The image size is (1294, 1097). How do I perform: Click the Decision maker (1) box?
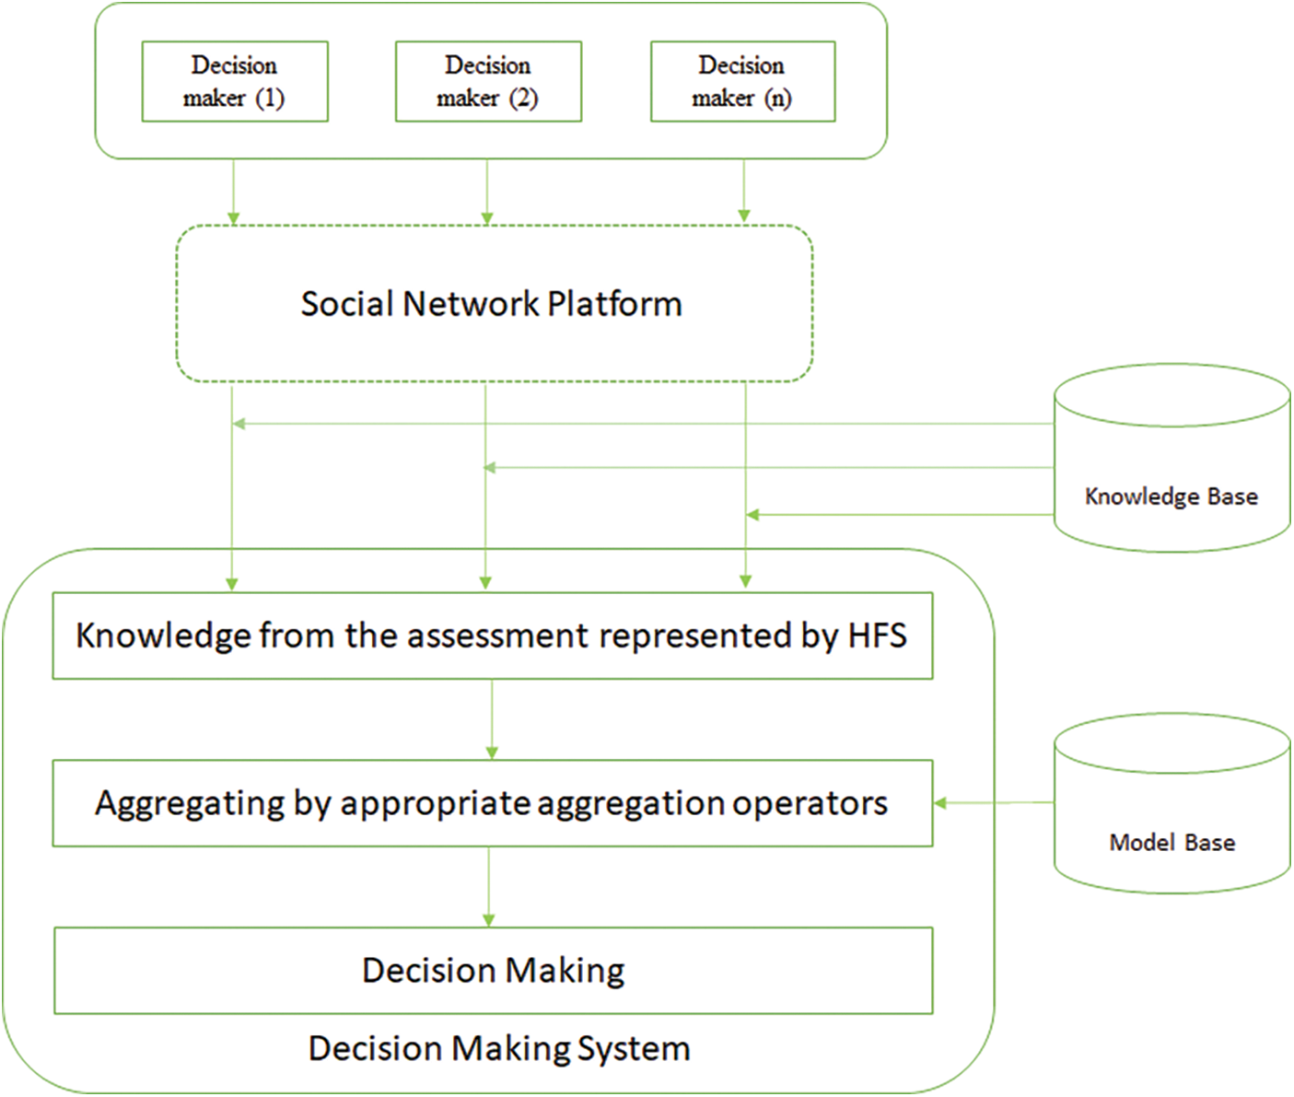235,81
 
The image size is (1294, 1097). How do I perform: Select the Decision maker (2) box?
488,81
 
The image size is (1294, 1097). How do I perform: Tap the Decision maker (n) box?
742,81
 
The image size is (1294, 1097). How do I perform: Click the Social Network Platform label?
491,304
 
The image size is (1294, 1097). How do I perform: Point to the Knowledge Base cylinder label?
1171,496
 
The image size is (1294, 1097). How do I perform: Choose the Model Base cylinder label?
1172,843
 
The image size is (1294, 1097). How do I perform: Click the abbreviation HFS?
877,636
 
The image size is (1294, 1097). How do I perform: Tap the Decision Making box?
493,971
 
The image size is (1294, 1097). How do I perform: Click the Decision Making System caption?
499,1049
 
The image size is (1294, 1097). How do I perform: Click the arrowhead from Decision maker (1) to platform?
234,218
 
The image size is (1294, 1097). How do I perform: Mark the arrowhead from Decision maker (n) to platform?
744,216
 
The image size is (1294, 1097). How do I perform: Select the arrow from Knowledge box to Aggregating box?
492,719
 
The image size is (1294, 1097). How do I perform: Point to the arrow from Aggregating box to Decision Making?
489,886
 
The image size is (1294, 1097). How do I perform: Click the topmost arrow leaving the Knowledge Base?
645,424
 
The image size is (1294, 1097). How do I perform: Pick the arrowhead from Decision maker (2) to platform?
487,218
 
